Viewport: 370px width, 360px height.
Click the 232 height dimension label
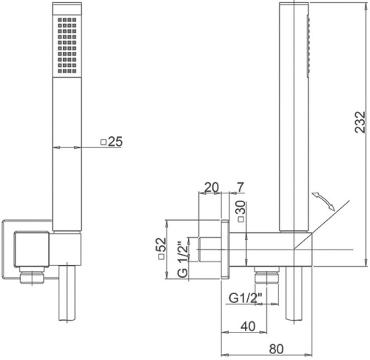[360, 122]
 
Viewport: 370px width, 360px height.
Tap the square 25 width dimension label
[112, 141]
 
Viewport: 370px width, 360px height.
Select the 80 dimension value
[276, 349]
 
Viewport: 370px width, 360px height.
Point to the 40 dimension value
[248, 327]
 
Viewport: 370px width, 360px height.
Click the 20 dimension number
[212, 187]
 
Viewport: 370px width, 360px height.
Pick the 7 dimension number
[240, 187]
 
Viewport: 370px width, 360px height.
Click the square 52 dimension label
[161, 248]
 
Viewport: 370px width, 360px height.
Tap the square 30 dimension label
[241, 211]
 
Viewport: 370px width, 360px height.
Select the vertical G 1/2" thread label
[183, 259]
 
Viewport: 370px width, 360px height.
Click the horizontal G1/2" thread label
[245, 298]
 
